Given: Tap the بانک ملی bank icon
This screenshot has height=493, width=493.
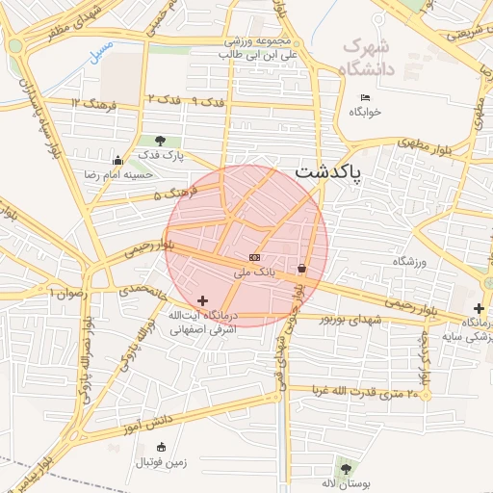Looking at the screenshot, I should click(254, 257).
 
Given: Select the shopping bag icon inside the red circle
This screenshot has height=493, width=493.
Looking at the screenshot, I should click(302, 269).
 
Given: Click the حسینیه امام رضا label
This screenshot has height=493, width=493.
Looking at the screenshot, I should click(142, 175).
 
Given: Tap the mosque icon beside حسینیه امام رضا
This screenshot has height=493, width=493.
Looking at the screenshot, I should click(117, 160).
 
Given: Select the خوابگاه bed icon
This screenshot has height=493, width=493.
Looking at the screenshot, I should click(364, 97).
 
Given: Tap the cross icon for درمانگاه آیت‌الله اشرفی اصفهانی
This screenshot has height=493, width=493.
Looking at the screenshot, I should click(202, 301).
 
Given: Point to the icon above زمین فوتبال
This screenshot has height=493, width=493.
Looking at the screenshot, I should click(161, 447).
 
